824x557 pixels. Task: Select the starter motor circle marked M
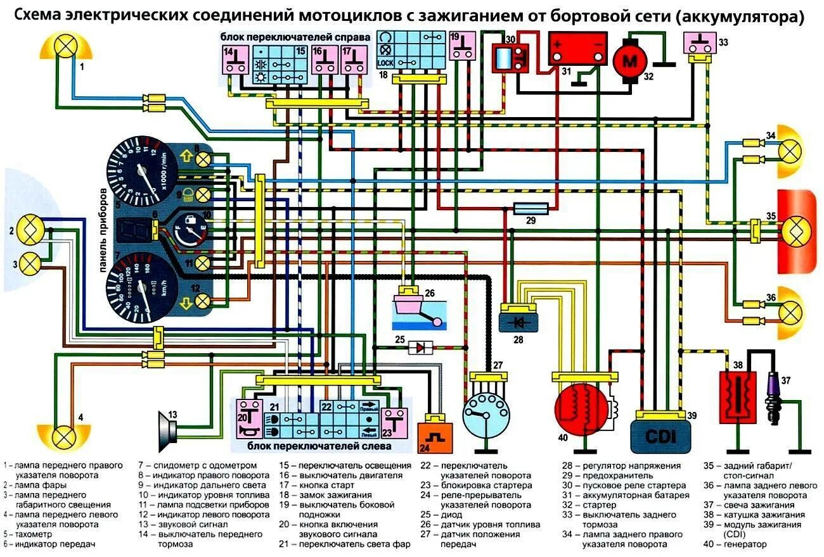629,61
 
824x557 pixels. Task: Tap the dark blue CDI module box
660,436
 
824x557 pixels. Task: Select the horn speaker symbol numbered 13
169,429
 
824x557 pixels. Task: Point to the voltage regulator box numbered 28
518,322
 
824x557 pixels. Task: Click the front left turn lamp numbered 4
63,435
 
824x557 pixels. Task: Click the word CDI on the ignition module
660,437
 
